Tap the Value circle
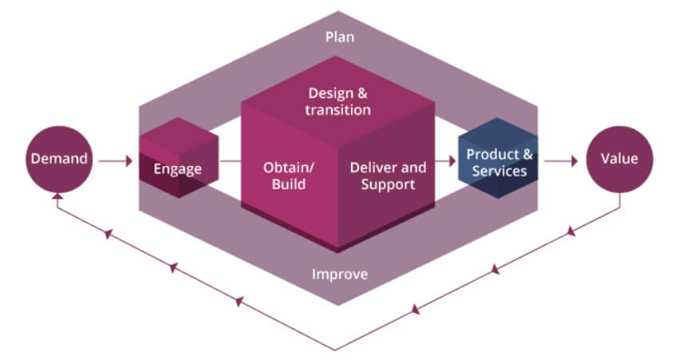click(619, 158)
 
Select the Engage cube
click(178, 160)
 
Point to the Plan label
click(339, 38)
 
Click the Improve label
click(339, 275)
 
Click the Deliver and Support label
click(388, 176)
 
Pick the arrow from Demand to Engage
click(117, 161)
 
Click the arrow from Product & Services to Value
click(562, 160)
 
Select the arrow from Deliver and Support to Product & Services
click(445, 160)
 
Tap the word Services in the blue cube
click(499, 171)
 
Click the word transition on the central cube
click(337, 109)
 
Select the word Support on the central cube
click(388, 184)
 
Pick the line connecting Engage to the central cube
click(230, 161)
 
